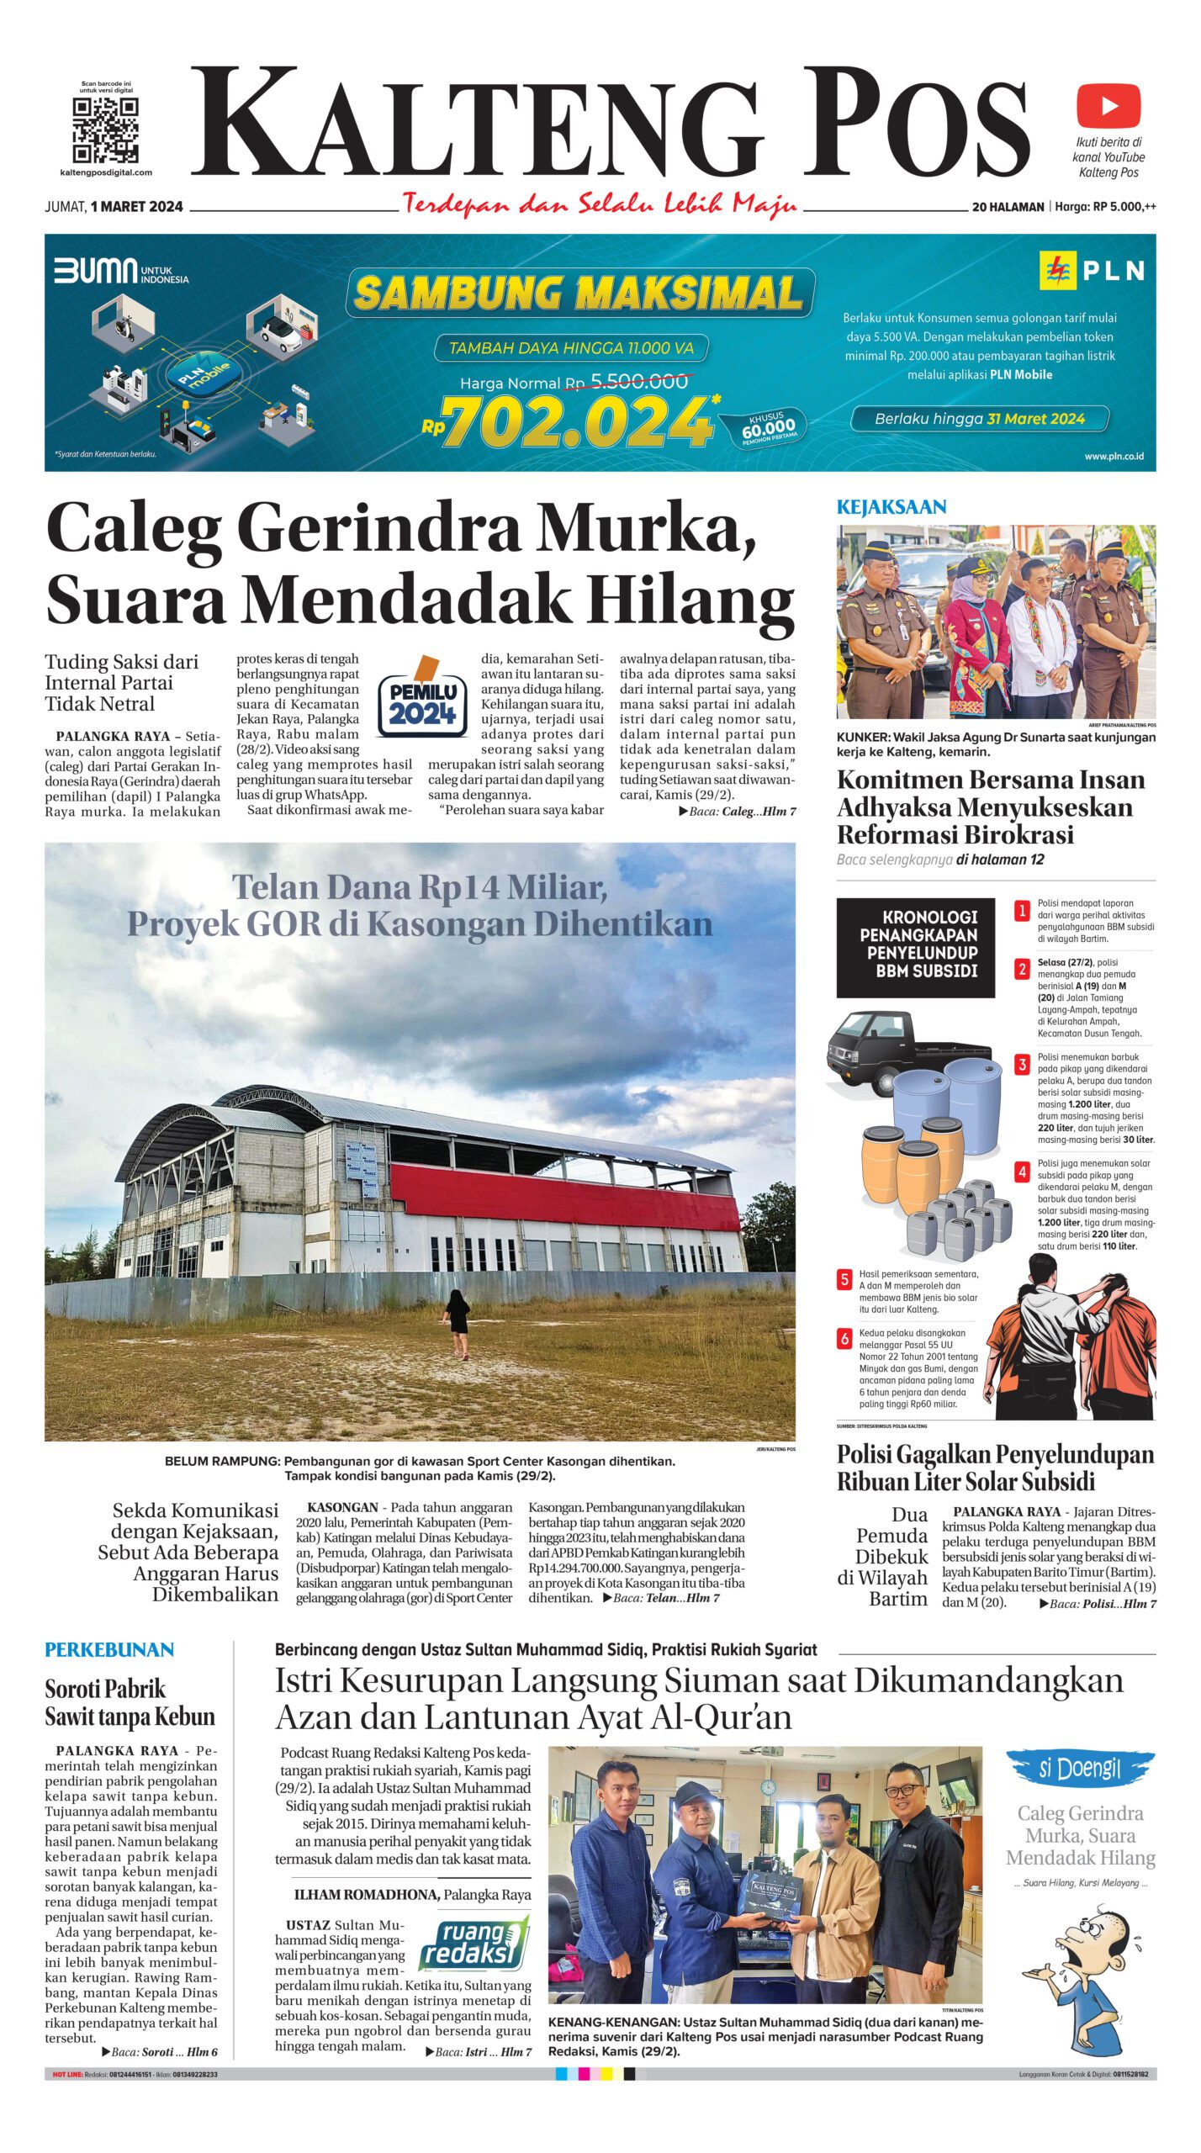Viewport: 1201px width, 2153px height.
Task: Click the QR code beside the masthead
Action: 105,130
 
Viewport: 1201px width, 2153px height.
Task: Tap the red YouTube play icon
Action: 1108,106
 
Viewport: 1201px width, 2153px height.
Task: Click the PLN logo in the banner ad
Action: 1092,270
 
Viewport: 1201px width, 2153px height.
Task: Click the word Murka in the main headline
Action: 643,531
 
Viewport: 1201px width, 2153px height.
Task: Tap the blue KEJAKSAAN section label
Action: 891,507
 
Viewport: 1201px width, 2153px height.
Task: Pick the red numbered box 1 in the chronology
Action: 1022,911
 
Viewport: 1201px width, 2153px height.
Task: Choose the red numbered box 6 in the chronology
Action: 844,1339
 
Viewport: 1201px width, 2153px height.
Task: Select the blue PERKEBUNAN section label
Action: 109,1650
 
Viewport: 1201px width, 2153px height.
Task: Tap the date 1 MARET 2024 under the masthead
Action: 136,207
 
